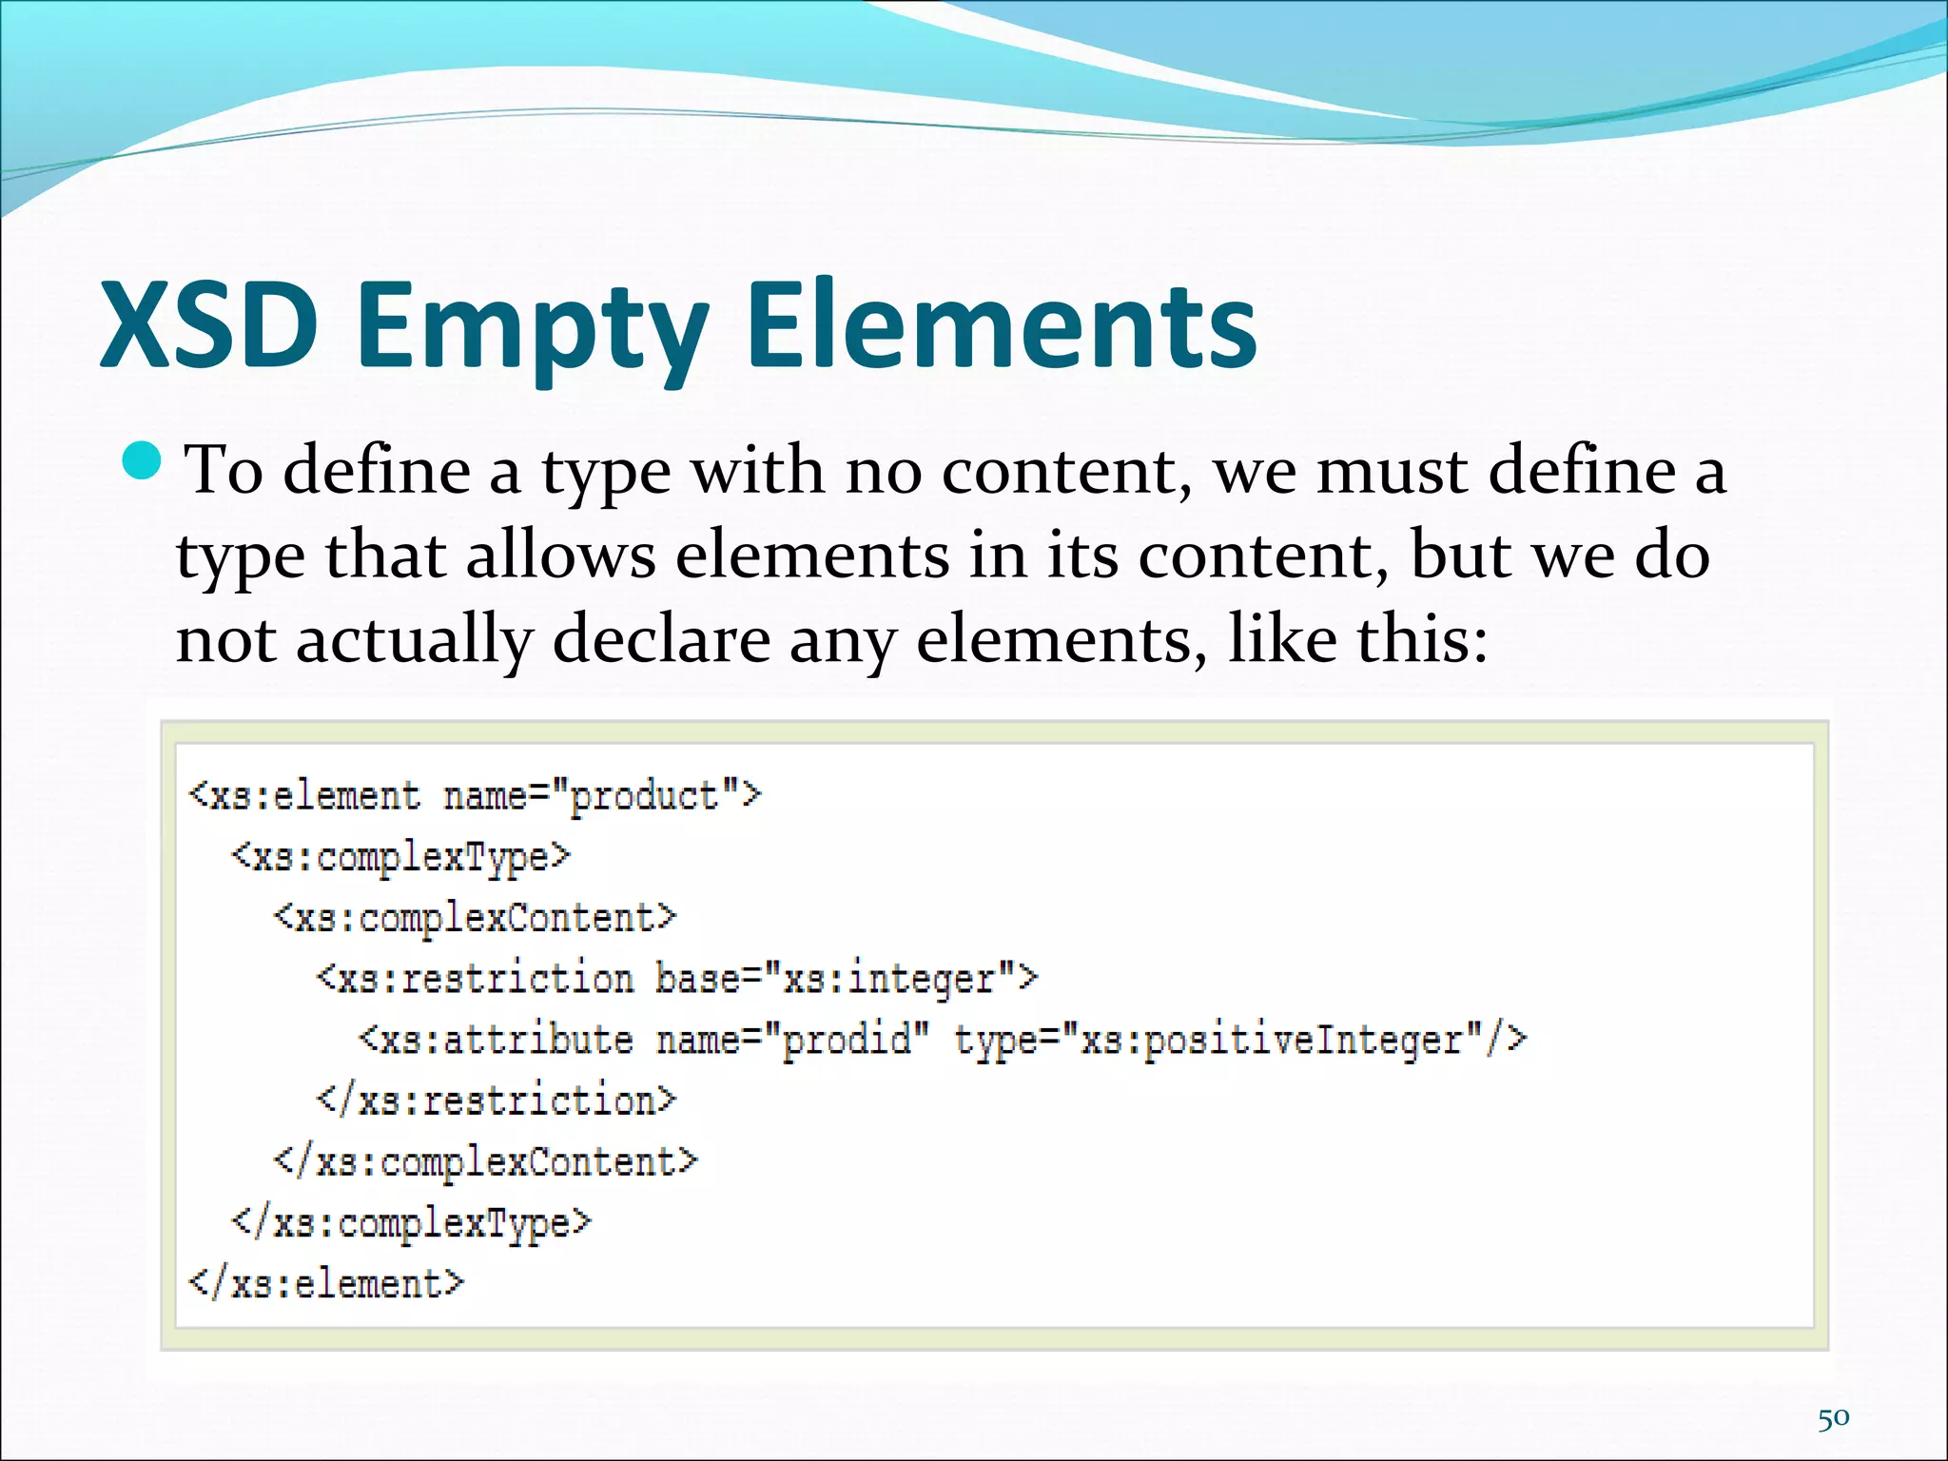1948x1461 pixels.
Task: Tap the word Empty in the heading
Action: point(533,328)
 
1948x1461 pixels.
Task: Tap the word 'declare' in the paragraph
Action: point(661,639)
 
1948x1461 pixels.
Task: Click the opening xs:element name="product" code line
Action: point(476,795)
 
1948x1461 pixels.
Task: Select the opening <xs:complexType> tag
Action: point(400,857)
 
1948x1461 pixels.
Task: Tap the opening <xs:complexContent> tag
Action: point(475,918)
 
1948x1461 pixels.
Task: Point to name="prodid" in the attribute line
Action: point(792,1040)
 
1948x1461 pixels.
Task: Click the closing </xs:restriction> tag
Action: point(497,1101)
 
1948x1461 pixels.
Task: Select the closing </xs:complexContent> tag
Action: point(485,1161)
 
